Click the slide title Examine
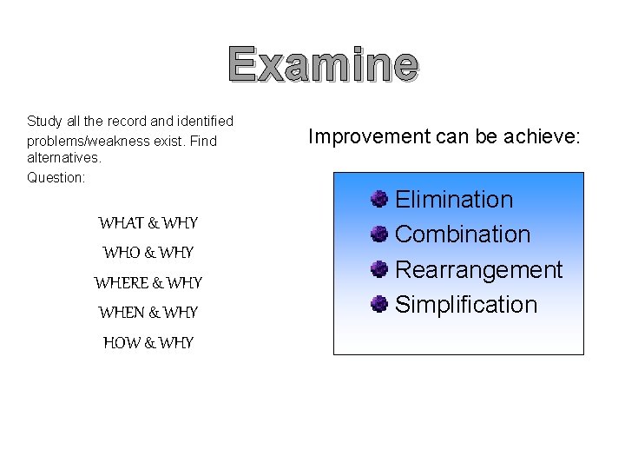(324, 65)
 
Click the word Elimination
(454, 200)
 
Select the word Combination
(463, 234)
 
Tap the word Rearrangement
(478, 270)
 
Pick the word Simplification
(466, 305)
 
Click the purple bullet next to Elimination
(378, 200)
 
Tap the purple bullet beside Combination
(378, 234)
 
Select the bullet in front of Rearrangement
(378, 270)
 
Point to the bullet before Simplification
(378, 305)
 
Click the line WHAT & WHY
(148, 223)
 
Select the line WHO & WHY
(148, 253)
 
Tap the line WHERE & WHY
(148, 282)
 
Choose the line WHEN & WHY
(148, 312)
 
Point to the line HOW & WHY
(148, 342)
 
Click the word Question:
(56, 177)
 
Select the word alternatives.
(64, 158)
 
